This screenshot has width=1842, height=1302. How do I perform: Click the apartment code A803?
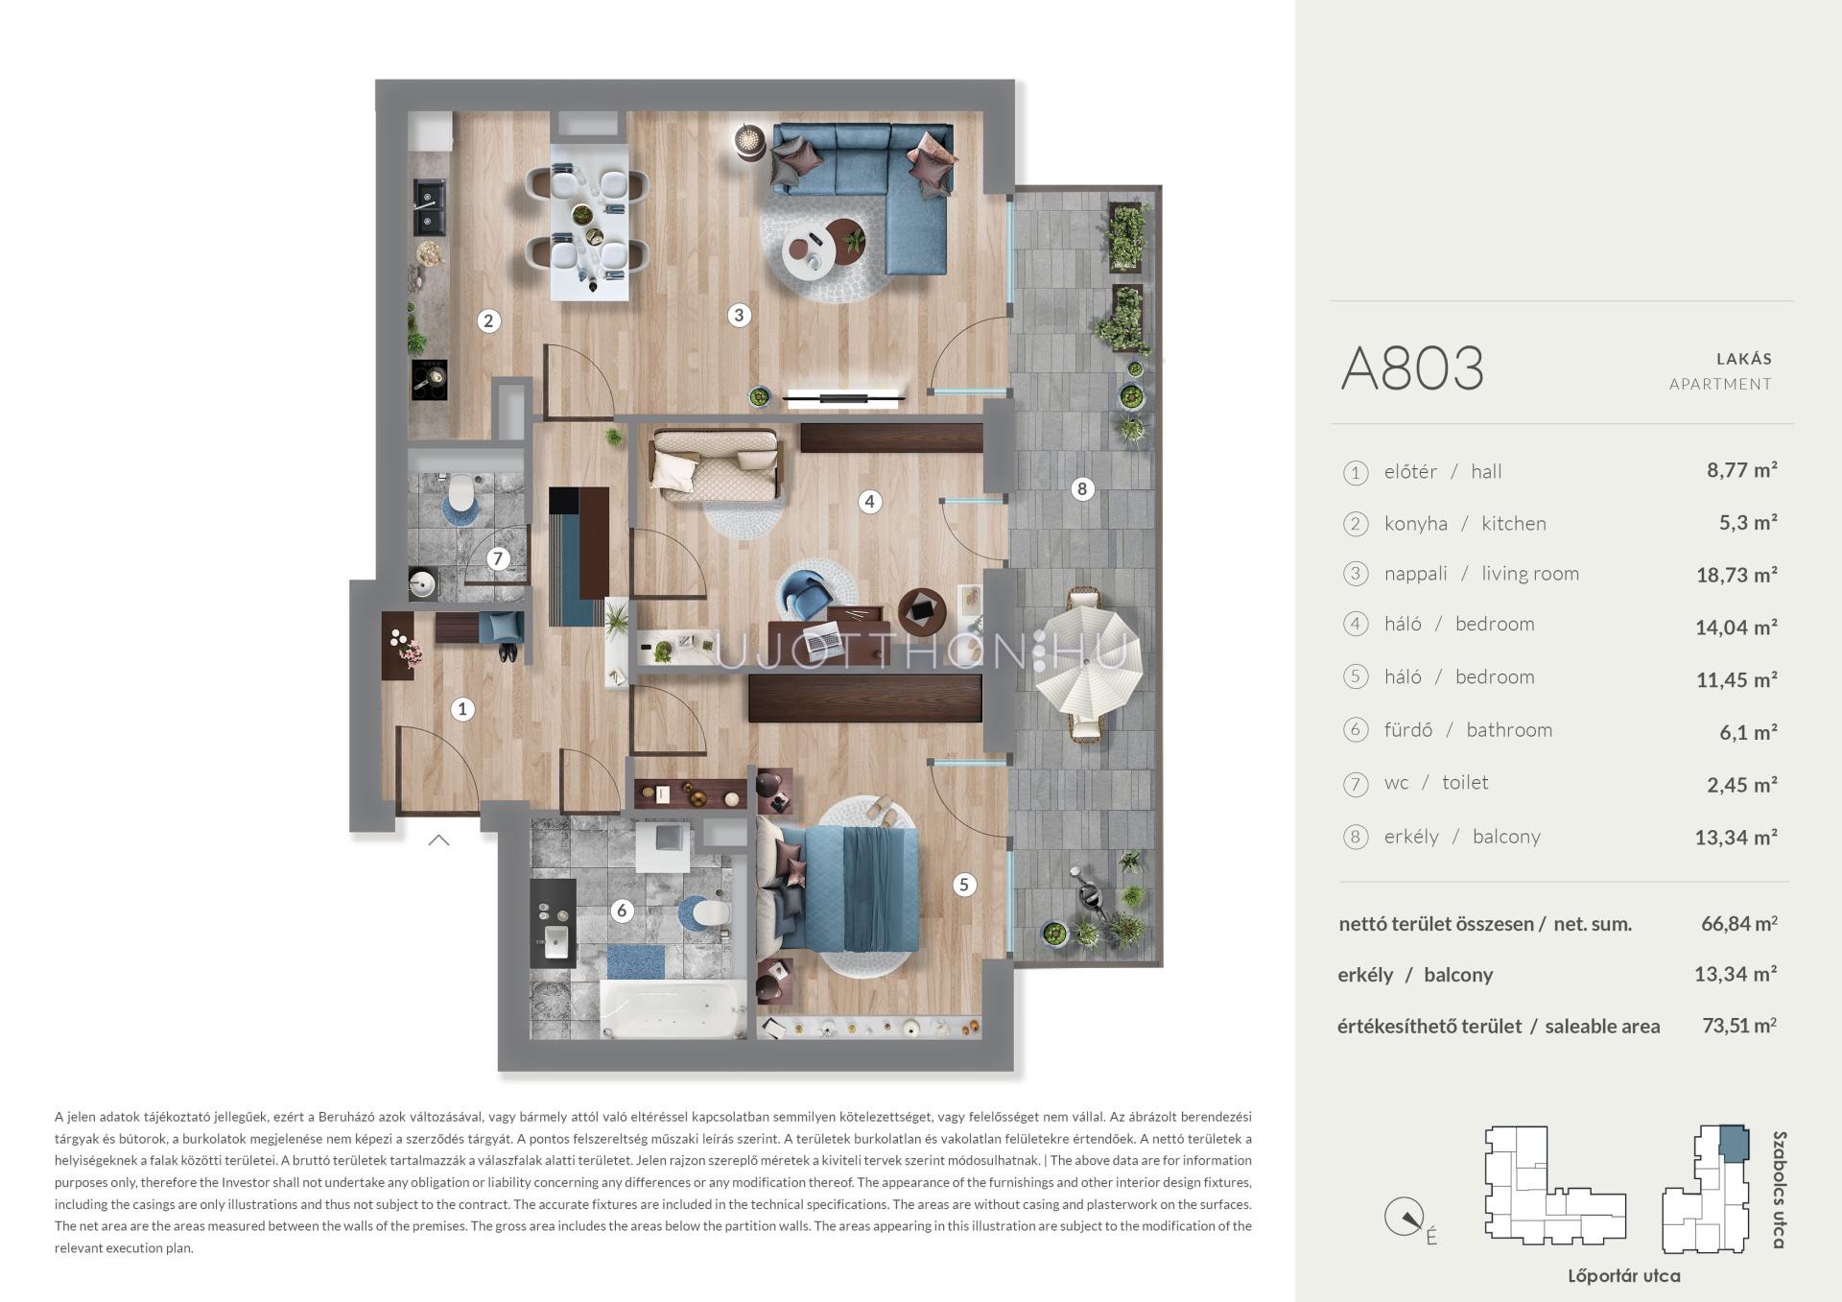[1412, 368]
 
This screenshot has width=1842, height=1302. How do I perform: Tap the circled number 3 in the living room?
[738, 315]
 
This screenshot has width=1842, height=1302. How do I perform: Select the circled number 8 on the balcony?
[1082, 489]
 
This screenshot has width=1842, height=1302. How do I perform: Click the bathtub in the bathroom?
[673, 1008]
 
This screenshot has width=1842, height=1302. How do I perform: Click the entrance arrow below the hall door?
[438, 840]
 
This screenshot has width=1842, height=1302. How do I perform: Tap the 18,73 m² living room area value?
[1736, 575]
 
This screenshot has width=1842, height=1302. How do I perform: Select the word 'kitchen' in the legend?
[1514, 523]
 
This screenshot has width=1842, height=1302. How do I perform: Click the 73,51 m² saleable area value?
[1738, 1025]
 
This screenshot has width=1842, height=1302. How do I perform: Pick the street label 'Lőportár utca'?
[1623, 1276]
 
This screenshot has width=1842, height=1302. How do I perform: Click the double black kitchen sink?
[428, 208]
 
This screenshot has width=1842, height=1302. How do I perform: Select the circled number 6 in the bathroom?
[622, 911]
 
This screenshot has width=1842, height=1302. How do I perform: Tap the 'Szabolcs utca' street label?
[1780, 1190]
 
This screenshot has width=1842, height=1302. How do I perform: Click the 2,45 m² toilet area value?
[1742, 785]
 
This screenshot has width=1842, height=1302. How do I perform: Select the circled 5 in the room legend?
[1355, 677]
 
